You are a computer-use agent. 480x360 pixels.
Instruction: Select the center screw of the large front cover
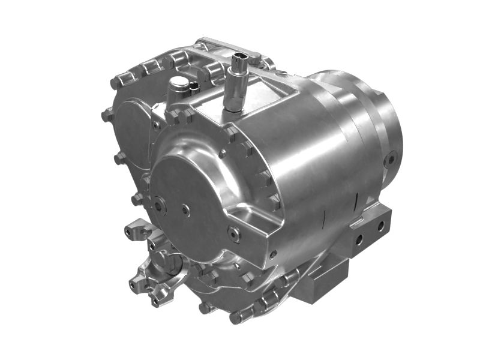coord(186,210)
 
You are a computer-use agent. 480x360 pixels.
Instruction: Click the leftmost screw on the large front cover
coord(159,205)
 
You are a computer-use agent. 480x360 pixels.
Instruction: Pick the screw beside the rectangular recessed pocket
coord(234,233)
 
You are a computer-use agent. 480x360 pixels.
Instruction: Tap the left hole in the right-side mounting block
coord(359,238)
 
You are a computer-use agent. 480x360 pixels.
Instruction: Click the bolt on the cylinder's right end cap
coord(391,159)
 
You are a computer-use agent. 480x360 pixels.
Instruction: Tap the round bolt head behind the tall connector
coord(254,58)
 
